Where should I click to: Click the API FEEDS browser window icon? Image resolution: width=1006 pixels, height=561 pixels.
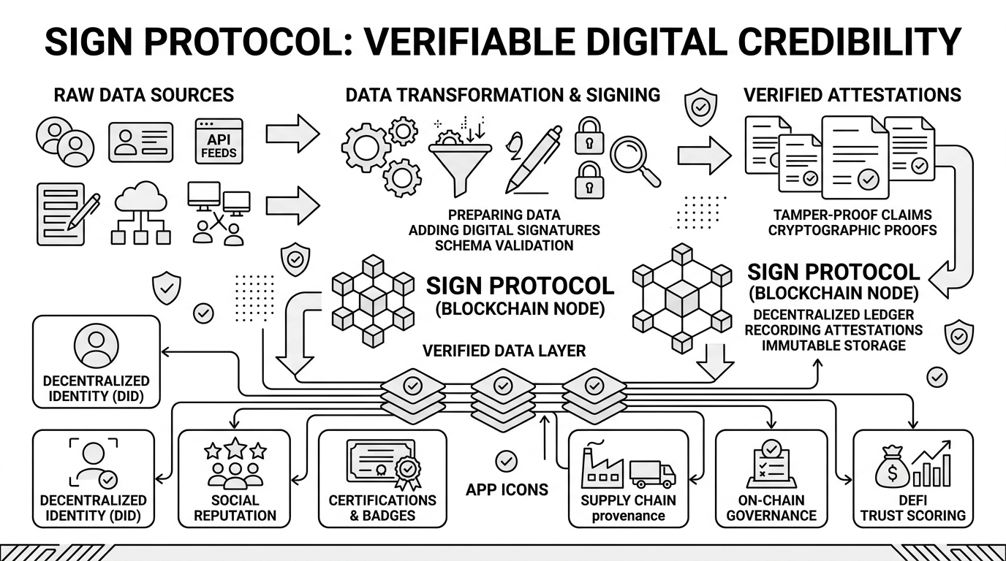tap(219, 140)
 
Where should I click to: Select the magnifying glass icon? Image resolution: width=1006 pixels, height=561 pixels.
tap(633, 161)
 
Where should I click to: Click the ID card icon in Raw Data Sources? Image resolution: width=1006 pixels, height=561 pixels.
tap(141, 141)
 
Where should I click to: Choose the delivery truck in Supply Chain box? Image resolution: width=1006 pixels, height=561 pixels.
tap(652, 473)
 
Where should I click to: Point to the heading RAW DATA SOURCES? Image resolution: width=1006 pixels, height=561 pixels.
tap(144, 95)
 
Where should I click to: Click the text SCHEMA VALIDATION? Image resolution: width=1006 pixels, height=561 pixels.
tap(504, 245)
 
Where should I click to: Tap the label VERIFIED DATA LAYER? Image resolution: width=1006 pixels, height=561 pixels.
tap(504, 351)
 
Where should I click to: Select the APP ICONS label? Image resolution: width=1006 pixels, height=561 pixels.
tap(507, 489)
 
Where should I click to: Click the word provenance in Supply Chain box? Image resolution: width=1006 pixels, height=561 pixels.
tap(628, 516)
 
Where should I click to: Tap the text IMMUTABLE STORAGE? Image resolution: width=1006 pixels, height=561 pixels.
tap(833, 345)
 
